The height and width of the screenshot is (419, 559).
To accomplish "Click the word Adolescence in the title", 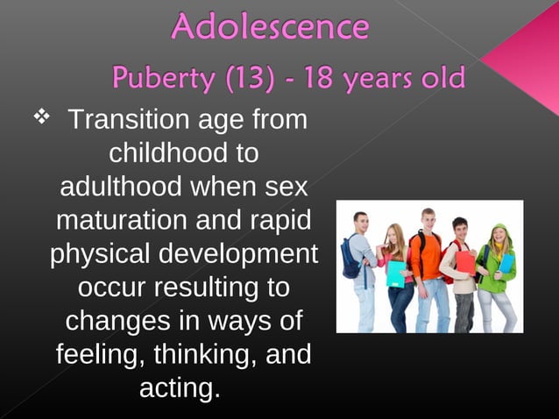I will (269, 27).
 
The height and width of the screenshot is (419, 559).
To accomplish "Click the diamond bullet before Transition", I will (40, 116).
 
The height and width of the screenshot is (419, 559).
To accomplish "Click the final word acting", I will (180, 387).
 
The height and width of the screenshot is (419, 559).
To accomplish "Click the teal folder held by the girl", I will (396, 273).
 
